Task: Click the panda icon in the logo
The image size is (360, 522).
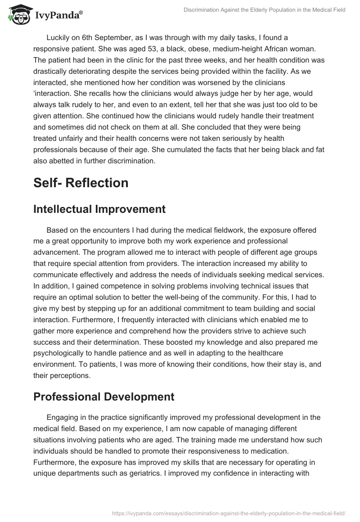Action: point(17,14)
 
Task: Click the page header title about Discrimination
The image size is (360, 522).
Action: point(265,9)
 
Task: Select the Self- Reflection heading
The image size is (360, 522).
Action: point(81,183)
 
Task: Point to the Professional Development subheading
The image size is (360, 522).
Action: point(103,397)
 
